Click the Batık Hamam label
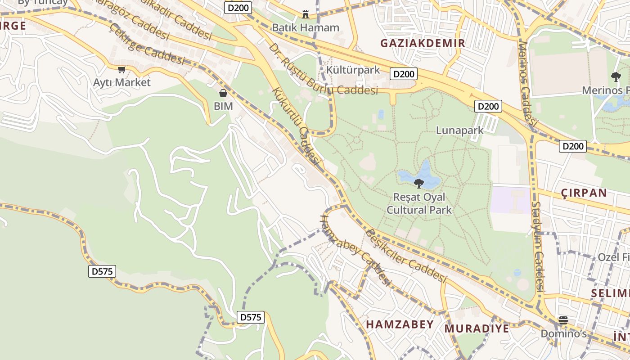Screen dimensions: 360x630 click(x=306, y=27)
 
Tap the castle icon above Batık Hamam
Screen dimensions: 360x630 click(x=306, y=14)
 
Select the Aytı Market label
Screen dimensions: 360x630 click(x=121, y=82)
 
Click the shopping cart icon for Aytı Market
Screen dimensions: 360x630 click(x=121, y=70)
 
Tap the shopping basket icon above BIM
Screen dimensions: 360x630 click(x=223, y=93)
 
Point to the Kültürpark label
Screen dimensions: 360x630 click(x=353, y=70)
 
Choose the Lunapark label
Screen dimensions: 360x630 click(x=459, y=130)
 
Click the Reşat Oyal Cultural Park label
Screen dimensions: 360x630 click(x=419, y=203)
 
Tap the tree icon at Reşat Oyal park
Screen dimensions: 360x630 click(x=419, y=183)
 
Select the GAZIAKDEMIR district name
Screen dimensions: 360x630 click(x=423, y=43)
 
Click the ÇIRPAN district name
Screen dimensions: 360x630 click(x=584, y=193)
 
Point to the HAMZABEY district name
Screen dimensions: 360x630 click(x=400, y=324)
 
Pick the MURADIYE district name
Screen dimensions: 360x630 click(x=477, y=328)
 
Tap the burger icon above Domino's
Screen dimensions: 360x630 click(x=563, y=320)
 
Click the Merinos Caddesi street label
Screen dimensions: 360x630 click(x=528, y=83)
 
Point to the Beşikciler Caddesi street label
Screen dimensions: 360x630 click(x=405, y=255)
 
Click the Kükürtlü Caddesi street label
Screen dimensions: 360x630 click(x=296, y=126)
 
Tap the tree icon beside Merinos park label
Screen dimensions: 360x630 click(x=616, y=77)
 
